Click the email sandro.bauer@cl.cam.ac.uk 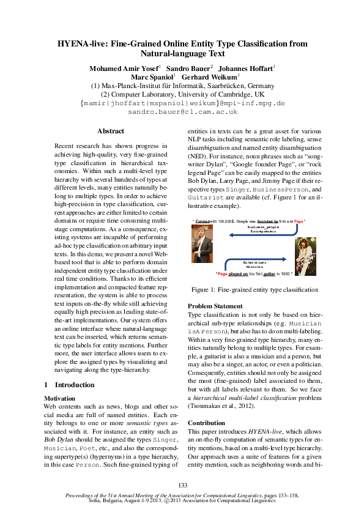[x=182, y=113]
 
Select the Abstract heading [x=111, y=131]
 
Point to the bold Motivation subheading [x=60, y=398]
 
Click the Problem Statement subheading [x=215, y=306]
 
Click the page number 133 [x=182, y=485]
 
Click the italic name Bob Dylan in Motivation [x=56, y=440]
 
